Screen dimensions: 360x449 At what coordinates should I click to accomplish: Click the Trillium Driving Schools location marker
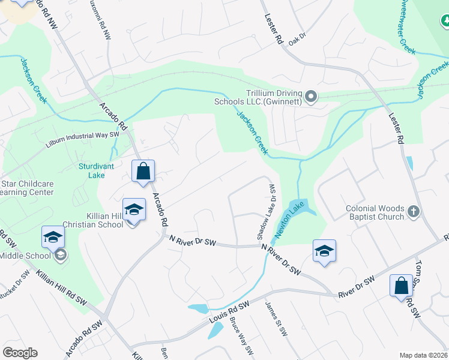pyautogui.click(x=311, y=97)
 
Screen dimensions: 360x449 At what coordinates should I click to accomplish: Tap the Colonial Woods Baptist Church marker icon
pyautogui.click(x=413, y=212)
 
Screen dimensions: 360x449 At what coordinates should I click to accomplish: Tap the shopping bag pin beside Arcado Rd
pyautogui.click(x=143, y=171)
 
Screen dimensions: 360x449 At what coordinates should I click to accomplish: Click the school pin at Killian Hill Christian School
pyautogui.click(x=134, y=209)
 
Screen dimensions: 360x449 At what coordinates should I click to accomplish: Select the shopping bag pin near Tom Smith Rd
pyautogui.click(x=401, y=286)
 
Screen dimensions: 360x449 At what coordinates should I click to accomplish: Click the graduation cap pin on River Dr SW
pyautogui.click(x=324, y=251)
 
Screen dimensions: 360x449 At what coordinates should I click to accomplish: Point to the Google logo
pyautogui.click(x=20, y=353)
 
